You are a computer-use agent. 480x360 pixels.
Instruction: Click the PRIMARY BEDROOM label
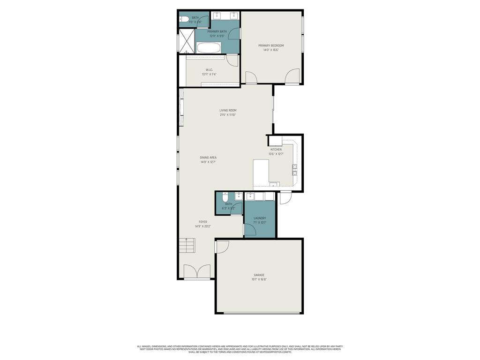pyautogui.click(x=271, y=45)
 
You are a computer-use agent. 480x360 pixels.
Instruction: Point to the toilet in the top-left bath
pyautogui.click(x=181, y=20)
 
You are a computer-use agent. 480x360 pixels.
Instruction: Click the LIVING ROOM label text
pyautogui.click(x=228, y=111)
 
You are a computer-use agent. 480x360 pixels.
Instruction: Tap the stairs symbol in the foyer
pyautogui.click(x=186, y=245)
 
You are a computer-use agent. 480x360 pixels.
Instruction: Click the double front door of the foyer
pyautogui.click(x=197, y=272)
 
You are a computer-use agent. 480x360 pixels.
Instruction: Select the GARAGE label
pyautogui.click(x=259, y=275)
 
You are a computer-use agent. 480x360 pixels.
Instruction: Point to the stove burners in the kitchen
pyautogui.click(x=295, y=170)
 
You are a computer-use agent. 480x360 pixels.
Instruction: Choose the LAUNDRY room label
pyautogui.click(x=260, y=218)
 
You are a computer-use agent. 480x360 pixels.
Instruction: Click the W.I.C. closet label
pyautogui.click(x=210, y=70)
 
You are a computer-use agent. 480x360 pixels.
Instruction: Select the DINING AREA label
pyautogui.click(x=208, y=157)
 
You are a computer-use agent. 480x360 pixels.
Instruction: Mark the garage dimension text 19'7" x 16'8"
pyautogui.click(x=259, y=279)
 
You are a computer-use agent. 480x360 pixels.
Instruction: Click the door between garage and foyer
pyautogui.click(x=221, y=247)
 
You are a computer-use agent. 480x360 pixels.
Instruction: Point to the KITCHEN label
pyautogui.click(x=276, y=150)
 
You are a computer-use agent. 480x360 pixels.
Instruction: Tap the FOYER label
pyautogui.click(x=203, y=222)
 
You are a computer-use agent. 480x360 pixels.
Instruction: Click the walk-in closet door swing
pyautogui.click(x=232, y=60)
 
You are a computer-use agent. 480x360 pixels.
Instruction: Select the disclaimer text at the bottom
pyautogui.click(x=240, y=349)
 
